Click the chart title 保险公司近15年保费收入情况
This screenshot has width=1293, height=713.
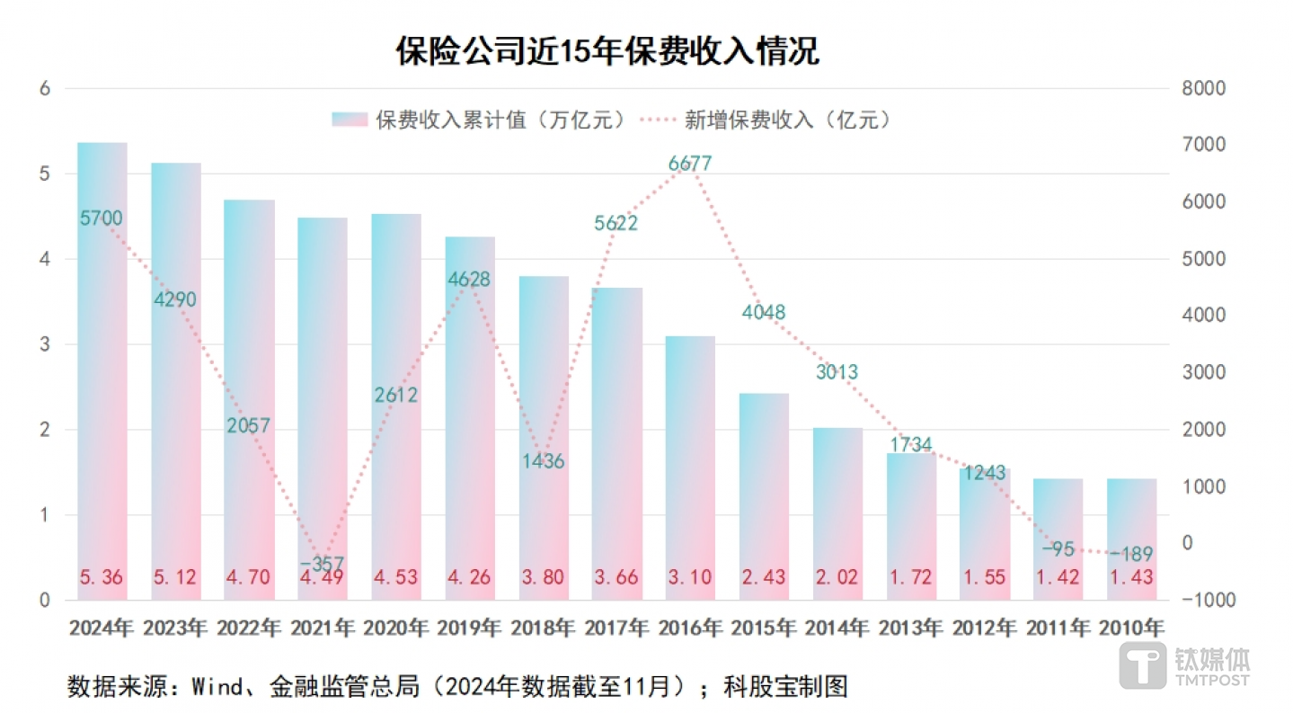pos(607,51)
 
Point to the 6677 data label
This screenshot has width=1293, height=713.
pos(690,164)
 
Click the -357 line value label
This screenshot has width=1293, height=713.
pos(322,564)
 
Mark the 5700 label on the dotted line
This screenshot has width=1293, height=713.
pos(101,218)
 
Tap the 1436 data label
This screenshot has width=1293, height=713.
pos(543,461)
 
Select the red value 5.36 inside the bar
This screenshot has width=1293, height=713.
pos(102,576)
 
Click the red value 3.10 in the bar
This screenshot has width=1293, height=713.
pos(690,576)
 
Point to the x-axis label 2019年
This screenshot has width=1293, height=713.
pos(469,628)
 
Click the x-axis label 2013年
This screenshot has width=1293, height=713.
pos(910,628)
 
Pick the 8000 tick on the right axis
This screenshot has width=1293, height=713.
pos(1203,88)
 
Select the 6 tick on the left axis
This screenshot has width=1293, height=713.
pos(44,88)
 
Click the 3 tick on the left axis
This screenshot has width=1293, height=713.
pos(44,344)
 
